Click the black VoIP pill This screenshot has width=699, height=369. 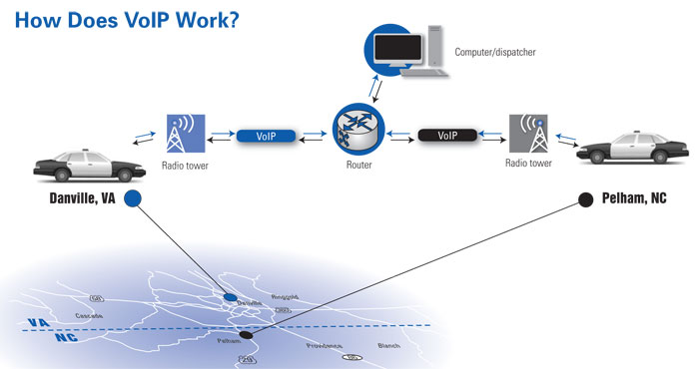click(449, 134)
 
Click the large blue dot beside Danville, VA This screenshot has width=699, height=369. click(133, 198)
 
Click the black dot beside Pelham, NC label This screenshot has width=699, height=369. click(584, 199)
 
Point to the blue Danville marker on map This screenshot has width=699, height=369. click(231, 297)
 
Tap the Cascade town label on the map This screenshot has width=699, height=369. click(88, 315)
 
